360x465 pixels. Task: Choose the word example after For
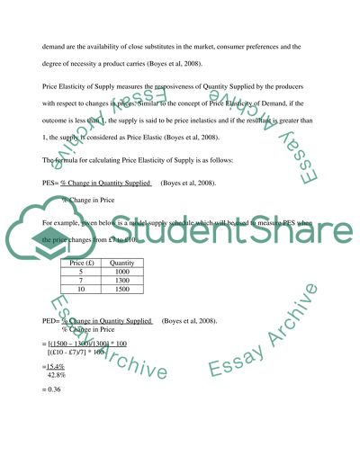69,220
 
